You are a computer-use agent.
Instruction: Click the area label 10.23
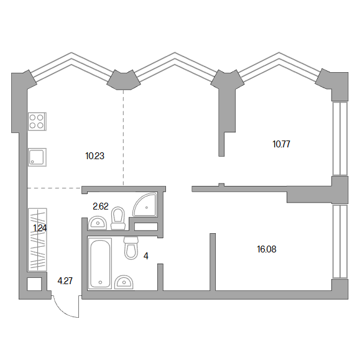[x=95, y=156]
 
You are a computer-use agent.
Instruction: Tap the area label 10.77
[x=281, y=144]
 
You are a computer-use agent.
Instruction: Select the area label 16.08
[x=267, y=249]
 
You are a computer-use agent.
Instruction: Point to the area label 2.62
[x=101, y=206]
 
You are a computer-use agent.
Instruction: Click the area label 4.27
[x=65, y=281]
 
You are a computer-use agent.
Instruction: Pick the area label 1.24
[x=40, y=228]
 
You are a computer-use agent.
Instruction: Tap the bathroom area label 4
[x=145, y=256]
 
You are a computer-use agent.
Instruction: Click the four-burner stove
[x=37, y=121]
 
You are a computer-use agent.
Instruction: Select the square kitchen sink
[x=37, y=157]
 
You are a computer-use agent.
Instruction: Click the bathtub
[x=100, y=264]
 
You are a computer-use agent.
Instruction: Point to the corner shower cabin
[x=145, y=205]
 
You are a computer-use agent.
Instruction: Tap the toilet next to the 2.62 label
[x=118, y=218]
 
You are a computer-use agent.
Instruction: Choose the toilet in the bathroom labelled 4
[x=131, y=248]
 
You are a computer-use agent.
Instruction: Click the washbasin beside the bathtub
[x=124, y=282]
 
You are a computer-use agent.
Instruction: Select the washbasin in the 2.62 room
[x=98, y=223]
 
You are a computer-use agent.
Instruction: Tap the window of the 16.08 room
[x=340, y=241]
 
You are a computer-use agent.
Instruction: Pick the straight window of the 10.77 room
[x=340, y=139]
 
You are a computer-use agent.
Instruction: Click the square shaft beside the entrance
[x=34, y=284]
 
